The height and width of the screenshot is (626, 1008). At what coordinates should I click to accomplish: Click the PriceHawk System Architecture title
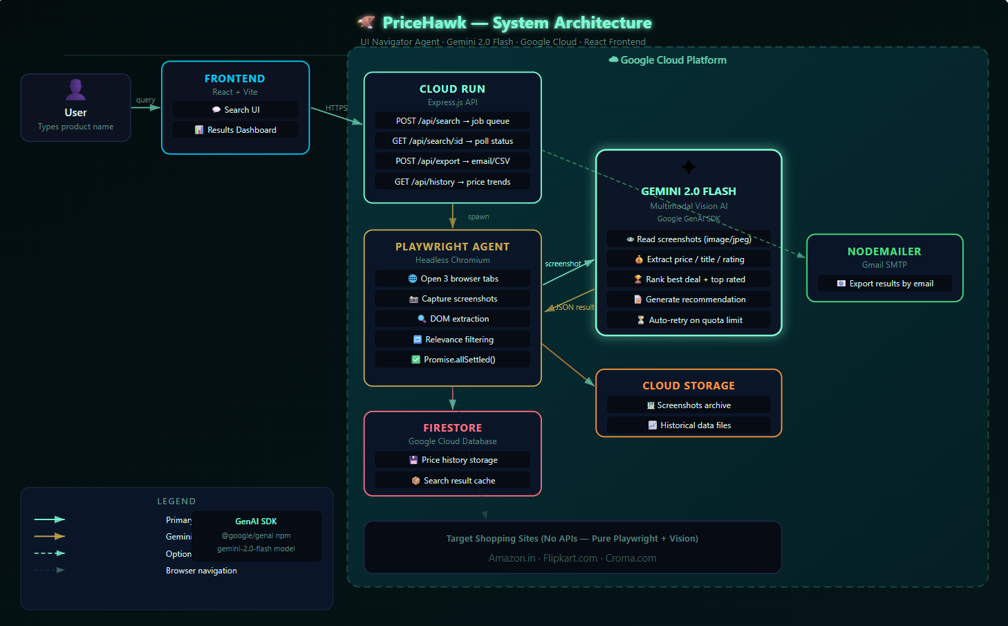(516, 23)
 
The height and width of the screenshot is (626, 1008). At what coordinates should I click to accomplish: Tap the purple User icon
(76, 89)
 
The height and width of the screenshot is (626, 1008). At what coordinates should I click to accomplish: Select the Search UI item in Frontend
(236, 110)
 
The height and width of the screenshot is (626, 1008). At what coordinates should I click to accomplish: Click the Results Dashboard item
(236, 130)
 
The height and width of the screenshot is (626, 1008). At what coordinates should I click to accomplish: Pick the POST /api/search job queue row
(453, 121)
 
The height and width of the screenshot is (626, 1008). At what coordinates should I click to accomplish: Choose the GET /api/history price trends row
(453, 182)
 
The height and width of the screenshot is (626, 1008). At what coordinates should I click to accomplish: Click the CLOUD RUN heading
(452, 89)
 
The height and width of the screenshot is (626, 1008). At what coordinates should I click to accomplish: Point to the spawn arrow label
(478, 217)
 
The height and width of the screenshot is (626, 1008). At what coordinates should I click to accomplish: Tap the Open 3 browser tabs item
(453, 279)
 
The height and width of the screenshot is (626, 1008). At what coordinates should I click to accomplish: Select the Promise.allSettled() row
(453, 360)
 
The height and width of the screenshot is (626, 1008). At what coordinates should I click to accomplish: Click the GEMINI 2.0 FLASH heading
(689, 192)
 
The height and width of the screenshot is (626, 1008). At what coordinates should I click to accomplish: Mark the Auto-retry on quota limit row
(689, 320)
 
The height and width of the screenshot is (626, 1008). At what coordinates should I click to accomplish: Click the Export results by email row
(885, 284)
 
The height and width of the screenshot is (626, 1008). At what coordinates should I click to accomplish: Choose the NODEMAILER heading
(884, 252)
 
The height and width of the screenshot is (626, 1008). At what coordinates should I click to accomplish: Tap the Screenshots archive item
(689, 405)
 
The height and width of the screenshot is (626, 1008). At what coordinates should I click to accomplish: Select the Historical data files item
(689, 425)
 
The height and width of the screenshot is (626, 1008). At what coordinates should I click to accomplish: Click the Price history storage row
(453, 460)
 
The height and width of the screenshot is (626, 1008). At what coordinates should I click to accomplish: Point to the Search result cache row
(453, 481)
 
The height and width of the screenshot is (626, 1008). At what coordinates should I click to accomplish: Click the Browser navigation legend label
(201, 571)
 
